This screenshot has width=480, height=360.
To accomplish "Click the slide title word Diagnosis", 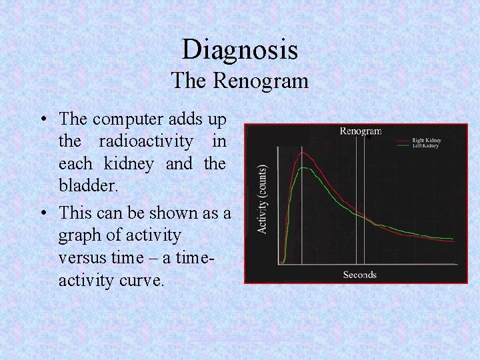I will pos(240,50).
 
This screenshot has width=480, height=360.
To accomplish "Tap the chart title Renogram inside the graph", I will pos(360,131).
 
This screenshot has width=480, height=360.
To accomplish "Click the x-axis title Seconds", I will pos(359,275).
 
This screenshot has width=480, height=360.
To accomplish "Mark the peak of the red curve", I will pos(303,153).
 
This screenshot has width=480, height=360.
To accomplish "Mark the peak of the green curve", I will pos(304,168).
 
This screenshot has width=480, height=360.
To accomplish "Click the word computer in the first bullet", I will pos(125,120).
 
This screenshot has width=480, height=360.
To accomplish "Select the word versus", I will pos(83,257).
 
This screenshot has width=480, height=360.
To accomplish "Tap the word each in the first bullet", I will pos(73,163).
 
